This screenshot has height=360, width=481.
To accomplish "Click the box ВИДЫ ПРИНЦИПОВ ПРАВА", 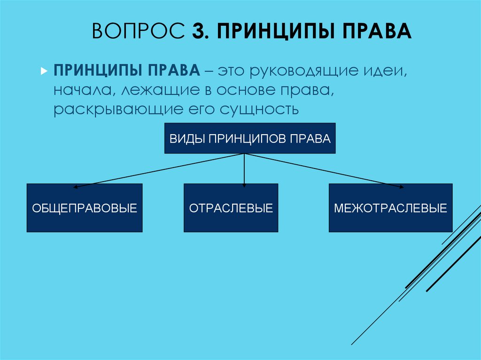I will click(x=250, y=139).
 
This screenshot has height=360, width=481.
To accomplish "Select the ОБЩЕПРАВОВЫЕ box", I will click(x=85, y=208).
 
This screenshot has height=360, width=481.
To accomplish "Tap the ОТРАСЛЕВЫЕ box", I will click(x=231, y=208).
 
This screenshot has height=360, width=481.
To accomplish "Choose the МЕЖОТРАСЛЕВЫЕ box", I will click(x=390, y=208).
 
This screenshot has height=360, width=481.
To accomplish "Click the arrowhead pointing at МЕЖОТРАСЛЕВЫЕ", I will click(x=401, y=187).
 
